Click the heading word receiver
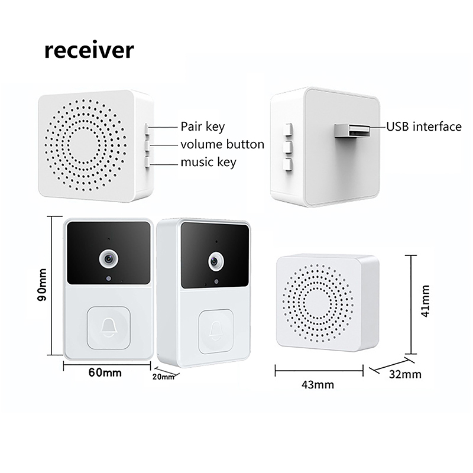tap(89, 50)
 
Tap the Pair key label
tap(202, 127)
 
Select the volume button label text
tap(222, 144)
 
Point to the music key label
tap(208, 163)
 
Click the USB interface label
tap(423, 127)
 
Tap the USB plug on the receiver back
tap(351, 129)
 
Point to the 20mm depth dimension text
tap(163, 376)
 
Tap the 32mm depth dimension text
tap(406, 374)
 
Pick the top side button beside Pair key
tap(145, 127)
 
